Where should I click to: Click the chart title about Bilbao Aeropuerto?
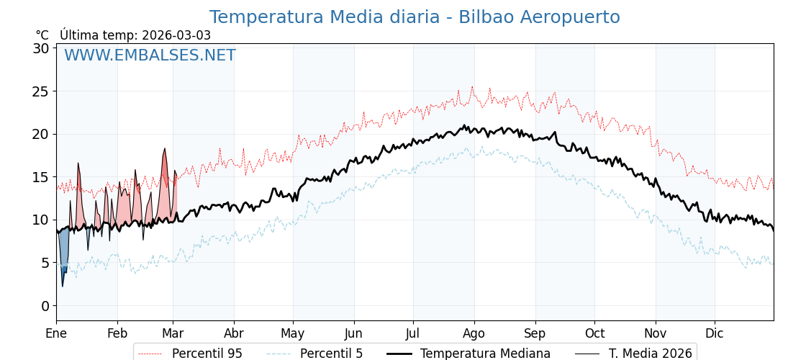(415, 17)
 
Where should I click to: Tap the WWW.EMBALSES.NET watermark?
(150, 55)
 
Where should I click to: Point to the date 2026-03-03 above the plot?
(176, 35)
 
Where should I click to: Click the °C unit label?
(42, 35)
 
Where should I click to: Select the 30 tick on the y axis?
(41, 48)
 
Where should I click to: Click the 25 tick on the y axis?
(41, 91)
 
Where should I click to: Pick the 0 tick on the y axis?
(45, 306)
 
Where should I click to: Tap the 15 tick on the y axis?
(41, 177)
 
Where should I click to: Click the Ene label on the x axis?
(56, 334)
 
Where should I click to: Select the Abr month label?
(234, 334)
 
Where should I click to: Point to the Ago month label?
(474, 334)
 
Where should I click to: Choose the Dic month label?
(715, 334)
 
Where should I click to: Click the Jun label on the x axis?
(353, 334)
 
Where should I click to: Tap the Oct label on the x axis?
(594, 334)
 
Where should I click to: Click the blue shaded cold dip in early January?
(63, 256)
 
